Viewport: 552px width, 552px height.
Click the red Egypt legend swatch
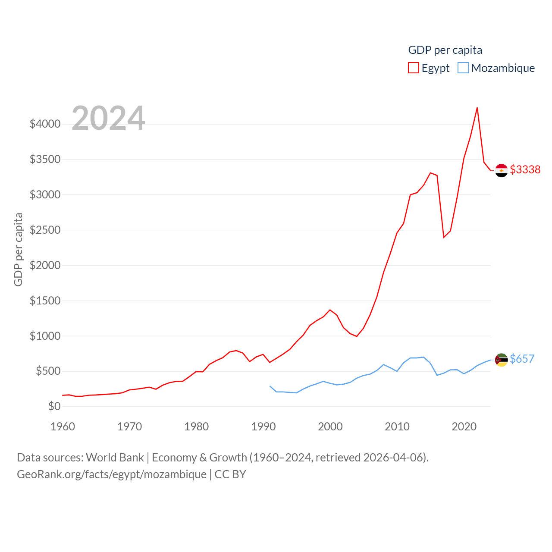pyautogui.click(x=413, y=68)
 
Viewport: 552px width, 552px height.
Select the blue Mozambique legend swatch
pyautogui.click(x=463, y=68)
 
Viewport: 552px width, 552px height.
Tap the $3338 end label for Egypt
pyautogui.click(x=525, y=169)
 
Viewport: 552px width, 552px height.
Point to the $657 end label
pyautogui.click(x=522, y=359)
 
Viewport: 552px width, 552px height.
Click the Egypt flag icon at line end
pyautogui.click(x=502, y=170)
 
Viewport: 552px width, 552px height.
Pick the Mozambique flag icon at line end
pyautogui.click(x=502, y=360)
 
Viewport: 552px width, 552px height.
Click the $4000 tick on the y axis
pyautogui.click(x=45, y=124)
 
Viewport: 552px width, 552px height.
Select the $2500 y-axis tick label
pyautogui.click(x=45, y=230)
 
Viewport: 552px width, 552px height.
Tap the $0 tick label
pyautogui.click(x=54, y=406)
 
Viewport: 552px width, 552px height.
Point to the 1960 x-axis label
pyautogui.click(x=63, y=427)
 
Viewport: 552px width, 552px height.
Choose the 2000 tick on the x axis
pyautogui.click(x=330, y=427)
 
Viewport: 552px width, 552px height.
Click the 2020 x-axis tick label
pyautogui.click(x=464, y=427)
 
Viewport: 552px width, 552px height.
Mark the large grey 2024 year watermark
pyautogui.click(x=108, y=118)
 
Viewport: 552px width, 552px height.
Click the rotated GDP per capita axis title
pyautogui.click(x=18, y=249)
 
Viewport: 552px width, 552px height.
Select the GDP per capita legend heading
pyautogui.click(x=445, y=50)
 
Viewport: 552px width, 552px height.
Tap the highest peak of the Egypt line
pyautogui.click(x=477, y=108)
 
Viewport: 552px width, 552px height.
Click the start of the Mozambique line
pyautogui.click(x=270, y=386)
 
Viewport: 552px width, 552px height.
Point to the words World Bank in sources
pyautogui.click(x=115, y=457)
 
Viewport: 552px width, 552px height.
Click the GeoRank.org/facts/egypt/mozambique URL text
pyautogui.click(x=112, y=474)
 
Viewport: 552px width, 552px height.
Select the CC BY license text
pyautogui.click(x=230, y=474)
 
